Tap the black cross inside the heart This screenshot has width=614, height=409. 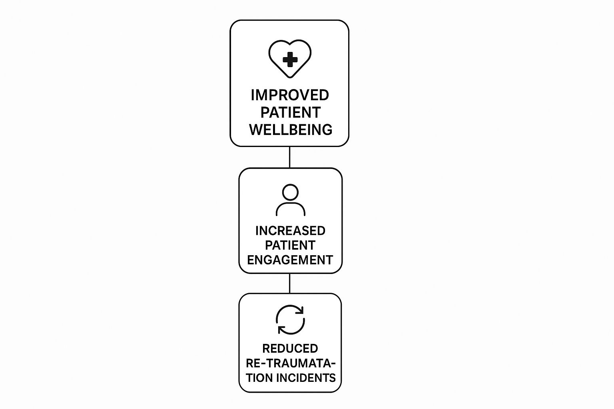[290, 60]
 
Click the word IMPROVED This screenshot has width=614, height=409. [290, 95]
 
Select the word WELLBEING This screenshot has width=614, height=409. [291, 129]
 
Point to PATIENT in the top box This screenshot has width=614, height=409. [291, 112]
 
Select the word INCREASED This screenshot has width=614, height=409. [290, 231]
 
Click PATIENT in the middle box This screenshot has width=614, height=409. [290, 245]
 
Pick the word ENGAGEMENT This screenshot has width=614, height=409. [290, 260]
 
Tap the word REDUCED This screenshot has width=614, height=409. [290, 348]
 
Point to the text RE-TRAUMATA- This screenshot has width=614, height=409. [291, 363]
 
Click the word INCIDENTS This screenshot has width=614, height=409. [306, 378]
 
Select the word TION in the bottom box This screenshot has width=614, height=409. [259, 378]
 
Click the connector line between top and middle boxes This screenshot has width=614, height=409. [290, 157]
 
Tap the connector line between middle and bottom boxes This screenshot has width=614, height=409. [290, 283]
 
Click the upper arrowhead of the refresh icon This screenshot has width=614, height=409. [301, 310]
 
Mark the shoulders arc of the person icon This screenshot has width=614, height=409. [290, 203]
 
